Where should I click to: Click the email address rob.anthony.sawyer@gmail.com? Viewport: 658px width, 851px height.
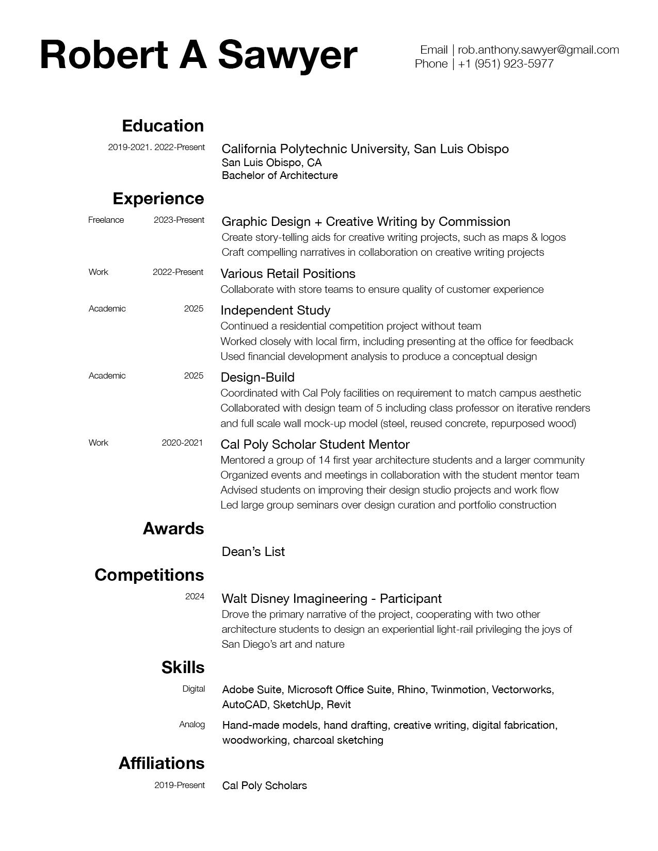(538, 50)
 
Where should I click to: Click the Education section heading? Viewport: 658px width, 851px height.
(163, 126)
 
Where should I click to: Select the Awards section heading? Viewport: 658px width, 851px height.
(173, 529)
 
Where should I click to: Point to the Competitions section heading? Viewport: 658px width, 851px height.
(149, 575)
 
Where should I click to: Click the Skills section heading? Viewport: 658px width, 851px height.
(183, 667)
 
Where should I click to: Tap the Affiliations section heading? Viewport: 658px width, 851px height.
(162, 763)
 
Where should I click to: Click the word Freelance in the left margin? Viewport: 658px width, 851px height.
(106, 220)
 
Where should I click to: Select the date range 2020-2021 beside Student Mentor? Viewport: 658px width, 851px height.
(182, 443)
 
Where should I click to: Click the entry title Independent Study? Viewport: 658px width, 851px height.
(275, 310)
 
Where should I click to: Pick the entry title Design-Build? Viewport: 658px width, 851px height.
(258, 378)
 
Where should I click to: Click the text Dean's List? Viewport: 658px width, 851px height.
(253, 552)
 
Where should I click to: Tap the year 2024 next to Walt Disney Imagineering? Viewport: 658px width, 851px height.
(195, 597)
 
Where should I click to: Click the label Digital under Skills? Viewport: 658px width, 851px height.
(194, 689)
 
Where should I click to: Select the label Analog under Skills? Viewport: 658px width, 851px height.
(192, 725)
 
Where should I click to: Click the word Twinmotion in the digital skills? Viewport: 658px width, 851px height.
(458, 690)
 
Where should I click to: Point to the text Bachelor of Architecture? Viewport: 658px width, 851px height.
(280, 176)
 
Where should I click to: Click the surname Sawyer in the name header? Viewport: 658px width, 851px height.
(287, 55)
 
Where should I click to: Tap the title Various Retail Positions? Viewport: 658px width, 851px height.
(288, 274)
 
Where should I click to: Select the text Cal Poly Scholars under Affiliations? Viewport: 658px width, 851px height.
(264, 786)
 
